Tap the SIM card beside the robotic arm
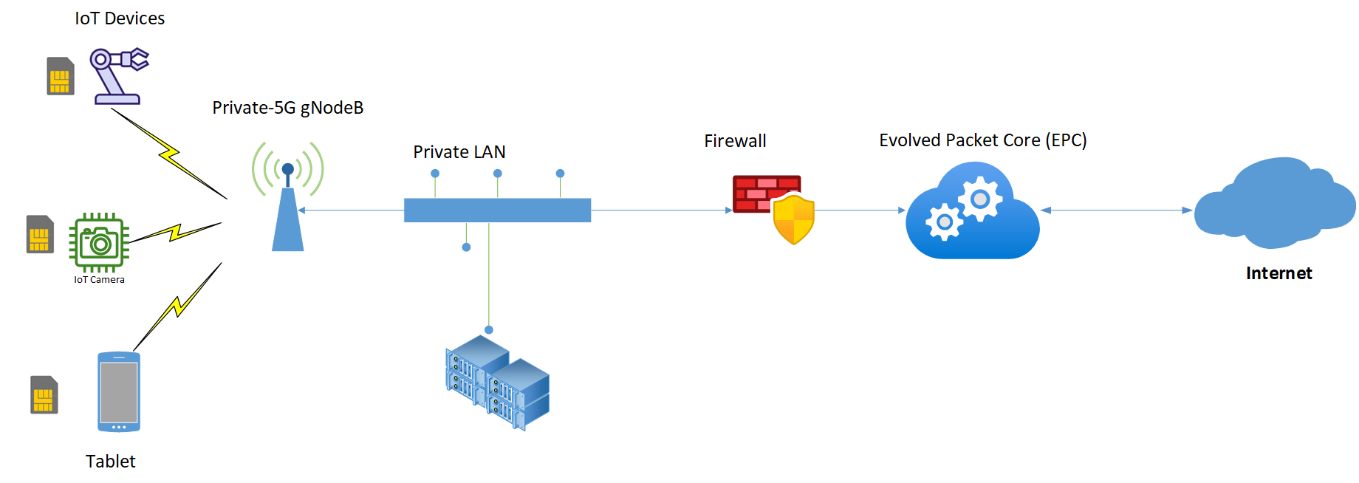[x=61, y=76]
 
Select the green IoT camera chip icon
[x=99, y=242]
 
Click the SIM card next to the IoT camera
[x=40, y=234]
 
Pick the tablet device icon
[x=119, y=391]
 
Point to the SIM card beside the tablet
[x=44, y=395]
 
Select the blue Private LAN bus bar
[x=497, y=210]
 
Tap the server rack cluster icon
[x=498, y=383]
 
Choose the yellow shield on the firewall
[x=793, y=219]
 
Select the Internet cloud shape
[x=1275, y=203]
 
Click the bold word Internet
[x=1278, y=273]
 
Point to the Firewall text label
[x=735, y=141]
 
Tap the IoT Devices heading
[x=120, y=18]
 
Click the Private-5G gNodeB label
[x=287, y=108]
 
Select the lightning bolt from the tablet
[x=177, y=306]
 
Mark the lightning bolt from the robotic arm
[x=169, y=154]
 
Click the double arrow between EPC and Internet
[x=1117, y=210]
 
